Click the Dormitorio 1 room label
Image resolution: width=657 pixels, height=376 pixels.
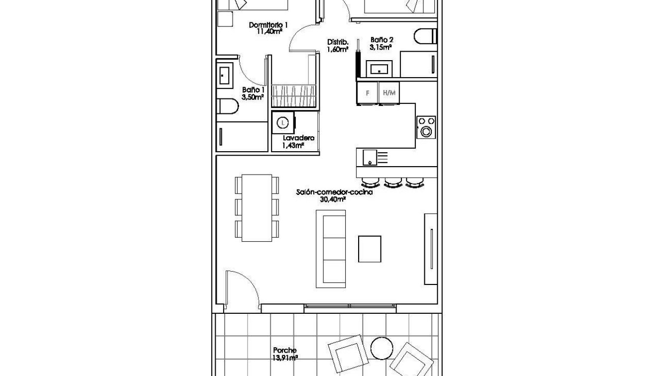point(269,25)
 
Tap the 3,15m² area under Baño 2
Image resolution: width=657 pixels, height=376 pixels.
point(380,48)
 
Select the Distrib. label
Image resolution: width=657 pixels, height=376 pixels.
point(337,42)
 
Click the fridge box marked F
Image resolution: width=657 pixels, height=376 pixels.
point(368,93)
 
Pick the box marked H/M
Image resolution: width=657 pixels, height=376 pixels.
point(389,93)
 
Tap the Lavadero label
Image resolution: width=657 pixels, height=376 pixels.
point(298,138)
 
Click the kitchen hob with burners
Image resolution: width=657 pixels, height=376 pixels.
point(426,127)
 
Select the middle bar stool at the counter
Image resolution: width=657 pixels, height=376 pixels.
point(394,183)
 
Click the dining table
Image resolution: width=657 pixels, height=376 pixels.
point(257,208)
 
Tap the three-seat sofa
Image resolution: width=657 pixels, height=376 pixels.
point(331,249)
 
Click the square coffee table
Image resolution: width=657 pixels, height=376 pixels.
point(370,249)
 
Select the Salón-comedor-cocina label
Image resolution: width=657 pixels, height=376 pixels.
point(334,192)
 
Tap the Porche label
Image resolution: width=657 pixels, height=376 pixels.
point(284,351)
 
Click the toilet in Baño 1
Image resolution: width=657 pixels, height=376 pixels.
point(228,107)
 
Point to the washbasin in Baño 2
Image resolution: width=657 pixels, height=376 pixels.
point(379,69)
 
